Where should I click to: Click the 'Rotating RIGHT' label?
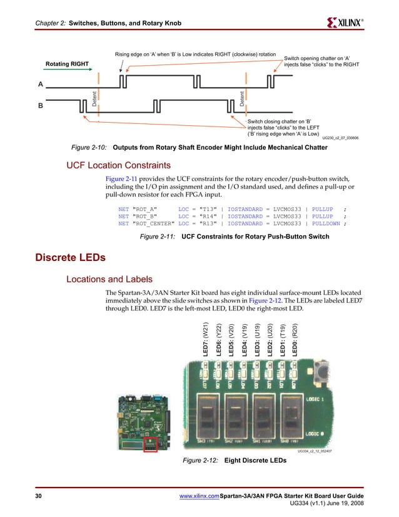(x=67, y=63)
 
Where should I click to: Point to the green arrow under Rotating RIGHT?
(x=67, y=71)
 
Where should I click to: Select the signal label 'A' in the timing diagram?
(x=41, y=84)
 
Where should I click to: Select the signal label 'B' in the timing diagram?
(x=41, y=106)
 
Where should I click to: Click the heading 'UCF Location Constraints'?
(x=118, y=166)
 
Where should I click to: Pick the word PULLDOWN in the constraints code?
(x=326, y=223)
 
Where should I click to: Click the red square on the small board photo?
(x=151, y=444)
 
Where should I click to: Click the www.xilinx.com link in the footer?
(x=199, y=496)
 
